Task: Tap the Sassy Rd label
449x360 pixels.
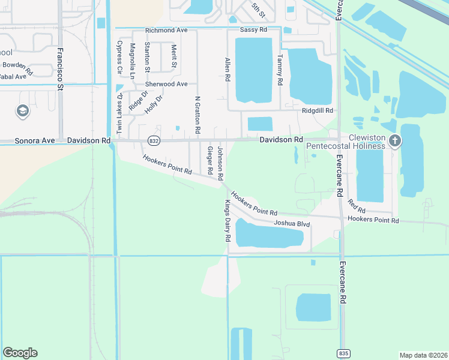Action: point(252,29)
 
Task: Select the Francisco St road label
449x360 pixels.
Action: point(60,69)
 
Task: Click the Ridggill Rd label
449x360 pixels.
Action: point(318,111)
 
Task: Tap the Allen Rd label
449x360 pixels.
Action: point(228,70)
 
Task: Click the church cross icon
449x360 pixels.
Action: point(395,141)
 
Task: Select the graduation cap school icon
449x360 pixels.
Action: point(23,111)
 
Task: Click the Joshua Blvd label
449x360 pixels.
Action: point(292,224)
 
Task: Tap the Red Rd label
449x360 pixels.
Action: point(357,208)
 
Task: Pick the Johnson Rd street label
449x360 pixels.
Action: point(220,163)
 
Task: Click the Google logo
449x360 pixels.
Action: point(20,353)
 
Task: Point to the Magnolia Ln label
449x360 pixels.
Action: point(133,58)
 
